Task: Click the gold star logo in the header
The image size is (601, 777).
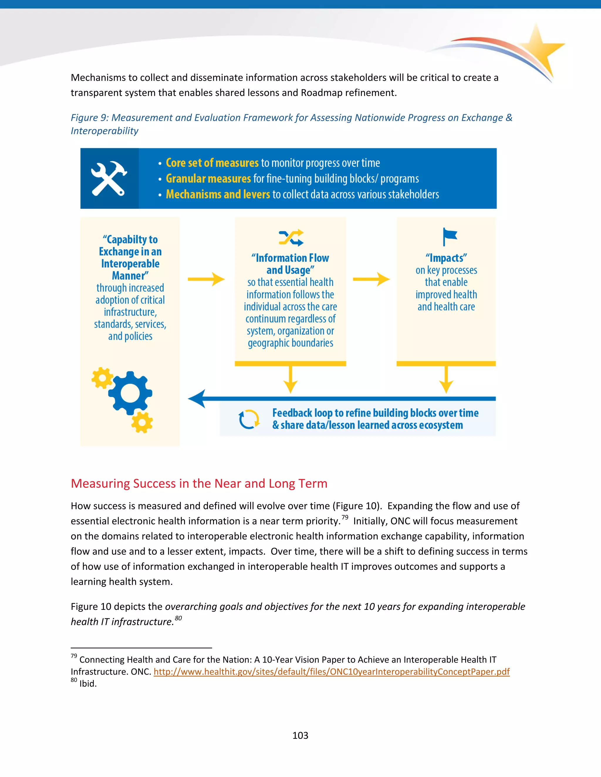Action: point(539,49)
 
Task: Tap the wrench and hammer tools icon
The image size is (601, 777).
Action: point(109,178)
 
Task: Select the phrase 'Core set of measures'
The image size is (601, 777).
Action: point(212,163)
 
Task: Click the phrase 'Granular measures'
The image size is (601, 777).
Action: point(209,179)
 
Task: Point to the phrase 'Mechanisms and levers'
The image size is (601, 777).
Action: point(218,194)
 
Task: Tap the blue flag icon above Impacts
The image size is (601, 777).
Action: point(449,237)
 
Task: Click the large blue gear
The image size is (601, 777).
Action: point(130,393)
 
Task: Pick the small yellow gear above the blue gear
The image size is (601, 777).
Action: point(102,378)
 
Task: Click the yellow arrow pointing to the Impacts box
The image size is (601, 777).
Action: point(371,279)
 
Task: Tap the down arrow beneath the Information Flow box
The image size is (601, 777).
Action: point(291,380)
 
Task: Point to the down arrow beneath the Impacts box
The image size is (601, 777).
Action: point(446,380)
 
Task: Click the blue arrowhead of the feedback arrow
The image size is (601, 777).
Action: point(197,398)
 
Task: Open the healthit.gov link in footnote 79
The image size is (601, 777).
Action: point(332,672)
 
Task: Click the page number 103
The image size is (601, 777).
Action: point(300,735)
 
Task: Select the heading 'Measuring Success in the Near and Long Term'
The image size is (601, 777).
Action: point(199,483)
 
